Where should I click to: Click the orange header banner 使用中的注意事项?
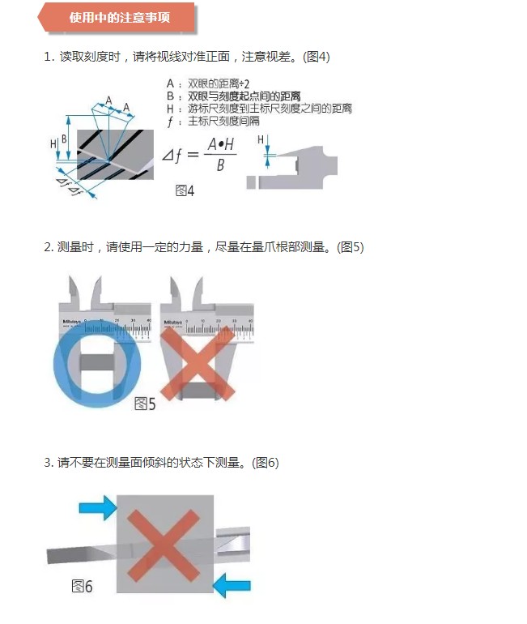120,18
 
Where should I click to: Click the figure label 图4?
185,191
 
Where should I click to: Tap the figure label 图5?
144,403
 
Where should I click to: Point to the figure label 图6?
82,586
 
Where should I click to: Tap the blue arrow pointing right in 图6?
98,509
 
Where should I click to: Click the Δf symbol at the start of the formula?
175,152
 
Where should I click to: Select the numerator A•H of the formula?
220,143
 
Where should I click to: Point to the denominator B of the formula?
220,165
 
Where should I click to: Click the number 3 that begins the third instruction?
47,463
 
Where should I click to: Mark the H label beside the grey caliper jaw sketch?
261,140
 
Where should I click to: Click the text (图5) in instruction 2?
350,247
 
